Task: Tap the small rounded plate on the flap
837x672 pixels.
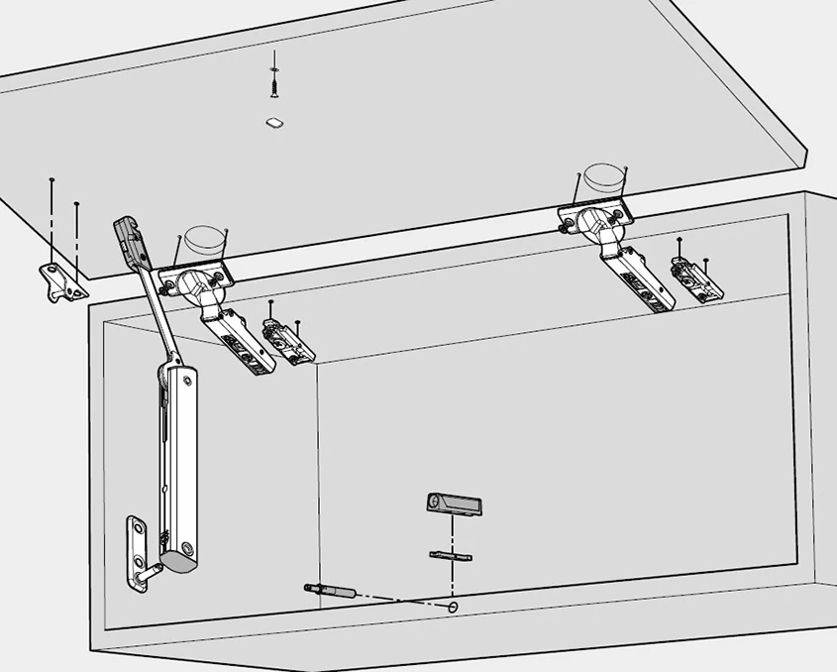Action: point(274,123)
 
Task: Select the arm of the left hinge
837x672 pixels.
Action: point(238,337)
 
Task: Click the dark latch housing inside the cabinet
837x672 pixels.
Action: point(455,504)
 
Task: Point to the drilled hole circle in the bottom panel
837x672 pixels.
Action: point(454,607)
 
